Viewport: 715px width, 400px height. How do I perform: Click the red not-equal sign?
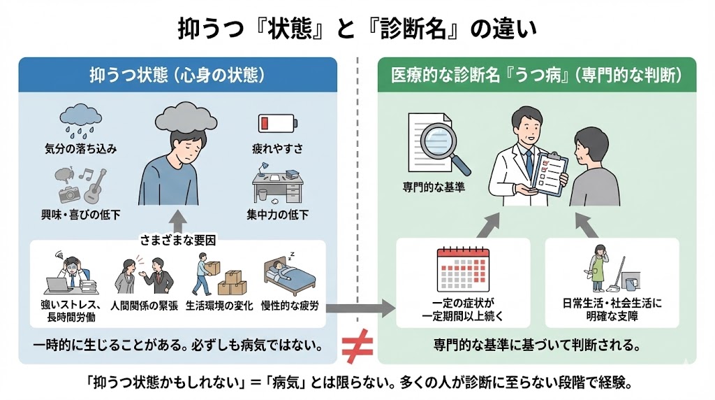356,344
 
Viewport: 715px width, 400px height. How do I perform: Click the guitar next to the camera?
91,185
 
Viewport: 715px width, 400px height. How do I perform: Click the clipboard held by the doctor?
549,171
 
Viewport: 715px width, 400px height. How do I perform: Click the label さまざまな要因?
178,239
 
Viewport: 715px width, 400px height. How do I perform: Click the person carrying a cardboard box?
202,274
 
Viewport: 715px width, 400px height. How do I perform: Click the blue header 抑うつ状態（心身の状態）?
178,75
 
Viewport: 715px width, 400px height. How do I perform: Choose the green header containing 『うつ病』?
536,75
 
